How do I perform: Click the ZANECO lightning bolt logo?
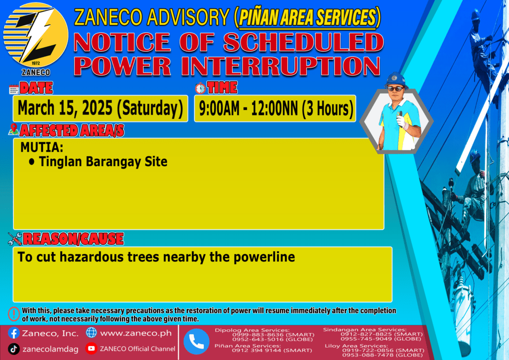(36, 35)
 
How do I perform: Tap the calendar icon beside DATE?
(14, 89)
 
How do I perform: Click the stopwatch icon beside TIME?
(200, 89)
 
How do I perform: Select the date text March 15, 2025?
(65, 108)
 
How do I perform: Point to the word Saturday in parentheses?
(150, 108)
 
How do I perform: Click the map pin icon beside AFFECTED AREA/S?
(13, 129)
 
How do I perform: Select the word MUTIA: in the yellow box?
(42, 147)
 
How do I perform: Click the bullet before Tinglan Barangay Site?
(31, 161)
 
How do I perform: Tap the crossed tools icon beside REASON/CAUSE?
(15, 239)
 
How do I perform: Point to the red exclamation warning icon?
(13, 314)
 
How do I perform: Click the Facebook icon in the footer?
(13, 333)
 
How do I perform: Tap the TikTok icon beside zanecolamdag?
(13, 349)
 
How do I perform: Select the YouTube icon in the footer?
(91, 348)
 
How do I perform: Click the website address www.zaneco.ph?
(136, 333)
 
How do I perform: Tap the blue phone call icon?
(196, 341)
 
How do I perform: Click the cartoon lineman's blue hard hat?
(396, 80)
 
